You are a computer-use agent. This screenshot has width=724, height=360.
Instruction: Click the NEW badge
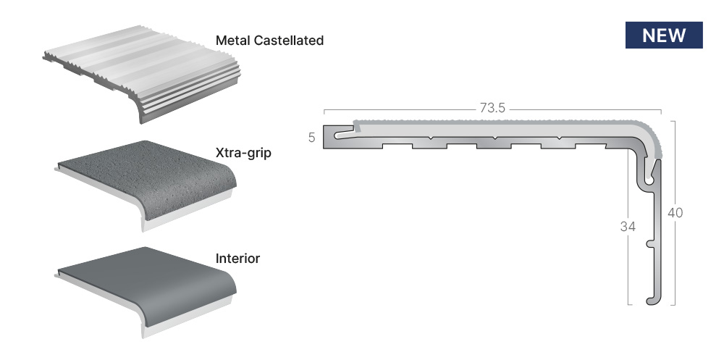pos(664,35)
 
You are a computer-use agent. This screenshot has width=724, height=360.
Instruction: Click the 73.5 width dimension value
pos(492,108)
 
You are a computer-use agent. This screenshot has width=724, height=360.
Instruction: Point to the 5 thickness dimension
pos(311,138)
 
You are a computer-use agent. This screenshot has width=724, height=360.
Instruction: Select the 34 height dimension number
pos(628,227)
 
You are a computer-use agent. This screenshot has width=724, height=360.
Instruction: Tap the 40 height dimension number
pos(675,213)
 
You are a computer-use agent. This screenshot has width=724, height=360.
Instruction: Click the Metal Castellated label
pos(269,41)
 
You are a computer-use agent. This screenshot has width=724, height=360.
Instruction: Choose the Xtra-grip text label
pos(243,153)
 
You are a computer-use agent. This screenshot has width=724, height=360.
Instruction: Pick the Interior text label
pos(237,259)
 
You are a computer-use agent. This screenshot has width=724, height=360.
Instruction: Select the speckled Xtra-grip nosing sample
pos(146,184)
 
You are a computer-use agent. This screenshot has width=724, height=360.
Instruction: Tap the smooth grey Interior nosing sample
pos(146,290)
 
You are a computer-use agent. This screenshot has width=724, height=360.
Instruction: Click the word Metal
pos(234,41)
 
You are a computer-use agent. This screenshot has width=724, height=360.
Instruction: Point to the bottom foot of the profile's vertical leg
pos(654,301)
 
